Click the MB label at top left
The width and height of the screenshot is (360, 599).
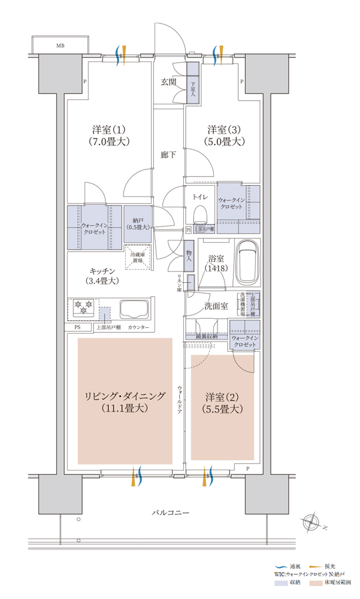pyautogui.click(x=60, y=46)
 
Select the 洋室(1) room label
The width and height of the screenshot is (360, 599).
pyautogui.click(x=108, y=136)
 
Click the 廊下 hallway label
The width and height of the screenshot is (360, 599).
pyautogui.click(x=168, y=155)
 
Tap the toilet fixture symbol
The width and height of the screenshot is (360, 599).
pyautogui.click(x=200, y=214)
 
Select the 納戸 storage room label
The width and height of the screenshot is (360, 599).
pyautogui.click(x=138, y=223)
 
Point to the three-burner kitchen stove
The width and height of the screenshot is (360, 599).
pyautogui.click(x=82, y=308)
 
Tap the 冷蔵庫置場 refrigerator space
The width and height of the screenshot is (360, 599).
pyautogui.click(x=140, y=258)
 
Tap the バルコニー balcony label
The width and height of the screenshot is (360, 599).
pyautogui.click(x=170, y=513)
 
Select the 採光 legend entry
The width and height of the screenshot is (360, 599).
pyautogui.click(x=322, y=566)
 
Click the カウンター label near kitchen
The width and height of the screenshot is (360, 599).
pyautogui.click(x=138, y=328)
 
